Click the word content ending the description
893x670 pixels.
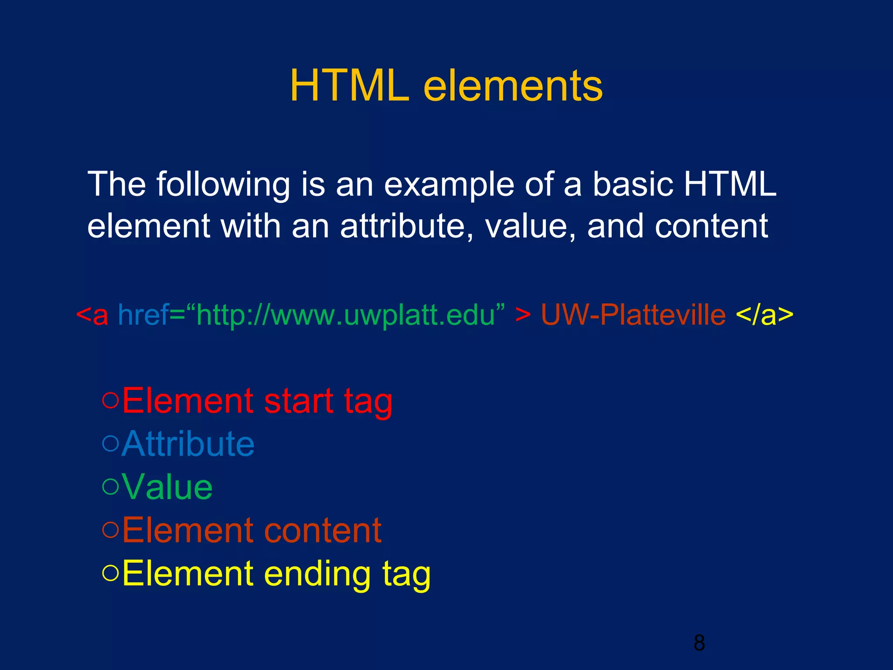click(x=711, y=226)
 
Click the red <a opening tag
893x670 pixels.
click(x=92, y=314)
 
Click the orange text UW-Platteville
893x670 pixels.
click(x=633, y=314)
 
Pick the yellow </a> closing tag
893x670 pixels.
click(x=764, y=314)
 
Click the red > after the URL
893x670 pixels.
click(x=523, y=314)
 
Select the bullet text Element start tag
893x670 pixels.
click(x=257, y=401)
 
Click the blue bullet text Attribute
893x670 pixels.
click(x=188, y=444)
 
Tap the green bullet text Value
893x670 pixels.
click(x=167, y=487)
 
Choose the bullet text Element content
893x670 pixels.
click(x=252, y=530)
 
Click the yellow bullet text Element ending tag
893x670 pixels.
click(x=276, y=574)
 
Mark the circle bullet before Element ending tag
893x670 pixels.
click(x=110, y=573)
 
